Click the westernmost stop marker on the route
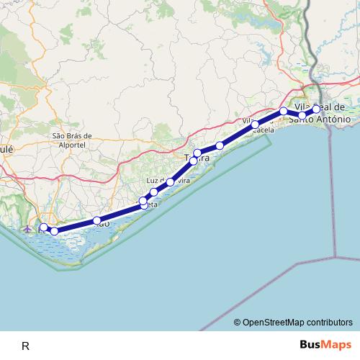tap(44, 228)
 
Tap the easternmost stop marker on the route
tap(316, 109)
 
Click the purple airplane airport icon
tap(28, 229)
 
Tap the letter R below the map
tap(25, 346)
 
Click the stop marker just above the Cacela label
tap(255, 125)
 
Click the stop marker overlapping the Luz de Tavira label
tap(170, 182)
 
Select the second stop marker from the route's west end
tap(54, 231)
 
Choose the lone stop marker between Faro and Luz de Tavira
tap(96, 220)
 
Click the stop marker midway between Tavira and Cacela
tap(220, 145)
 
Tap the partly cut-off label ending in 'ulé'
tap(6, 149)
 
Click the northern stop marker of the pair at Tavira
tap(197, 153)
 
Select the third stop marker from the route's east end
tap(284, 111)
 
